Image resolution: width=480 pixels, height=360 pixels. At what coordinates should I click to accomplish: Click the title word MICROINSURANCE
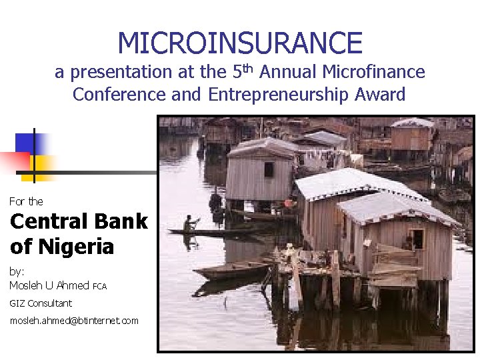(x=240, y=43)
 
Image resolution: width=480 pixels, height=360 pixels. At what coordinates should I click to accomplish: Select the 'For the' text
(x=26, y=201)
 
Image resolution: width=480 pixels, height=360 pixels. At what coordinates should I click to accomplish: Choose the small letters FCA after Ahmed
(x=99, y=287)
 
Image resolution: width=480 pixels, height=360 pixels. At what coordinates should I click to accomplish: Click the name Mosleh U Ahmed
(x=49, y=285)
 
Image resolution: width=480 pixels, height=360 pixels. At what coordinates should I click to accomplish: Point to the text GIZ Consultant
(x=41, y=303)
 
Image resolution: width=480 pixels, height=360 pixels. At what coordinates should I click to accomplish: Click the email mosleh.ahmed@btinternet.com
(x=74, y=321)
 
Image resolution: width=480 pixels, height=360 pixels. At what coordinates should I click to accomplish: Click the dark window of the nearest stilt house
(x=417, y=238)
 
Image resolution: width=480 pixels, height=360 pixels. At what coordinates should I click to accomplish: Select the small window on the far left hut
(x=269, y=169)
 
